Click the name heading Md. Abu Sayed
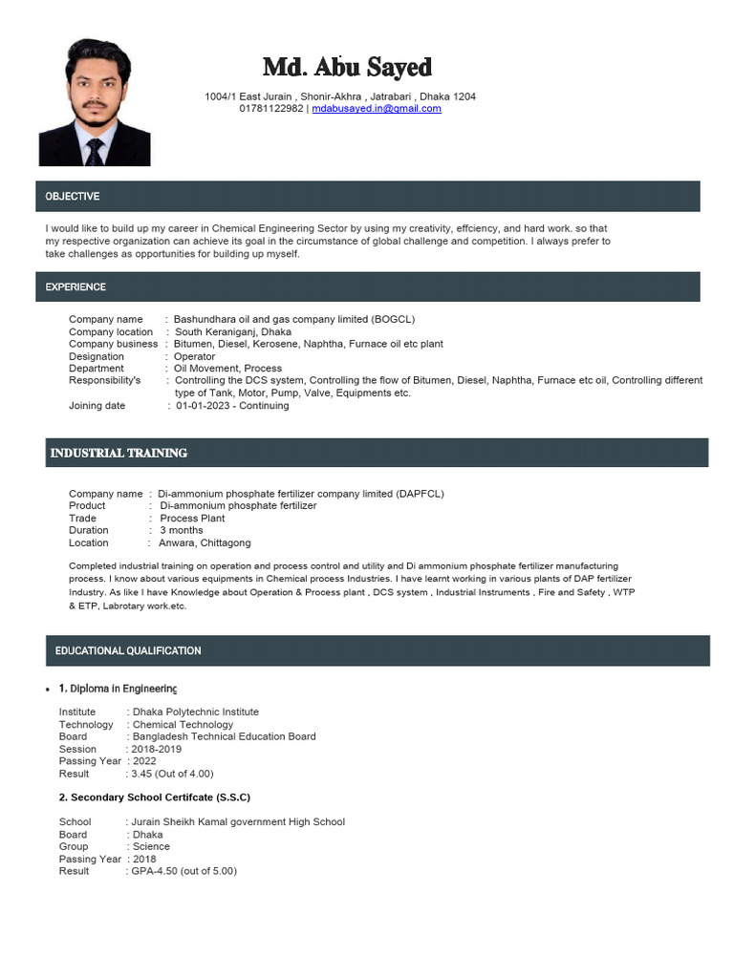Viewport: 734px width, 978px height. (347, 68)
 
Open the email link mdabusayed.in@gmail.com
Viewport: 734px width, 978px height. (377, 109)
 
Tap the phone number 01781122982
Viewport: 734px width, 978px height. (270, 109)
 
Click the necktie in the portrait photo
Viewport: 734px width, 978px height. (95, 150)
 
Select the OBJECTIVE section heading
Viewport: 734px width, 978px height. (73, 197)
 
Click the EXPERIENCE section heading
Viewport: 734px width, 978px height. (76, 287)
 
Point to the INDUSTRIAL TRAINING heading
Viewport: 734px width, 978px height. (119, 453)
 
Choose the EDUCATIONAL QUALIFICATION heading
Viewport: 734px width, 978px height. (128, 651)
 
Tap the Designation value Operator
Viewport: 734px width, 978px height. (194, 356)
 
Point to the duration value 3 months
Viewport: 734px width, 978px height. (181, 530)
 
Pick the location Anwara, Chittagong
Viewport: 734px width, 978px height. (205, 542)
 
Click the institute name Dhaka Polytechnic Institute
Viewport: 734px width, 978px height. (196, 712)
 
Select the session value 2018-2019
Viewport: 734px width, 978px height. (157, 750)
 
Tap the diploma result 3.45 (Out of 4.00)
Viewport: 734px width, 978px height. (172, 774)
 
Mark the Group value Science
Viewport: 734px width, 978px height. (151, 846)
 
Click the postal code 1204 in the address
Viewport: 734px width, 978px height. (464, 96)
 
